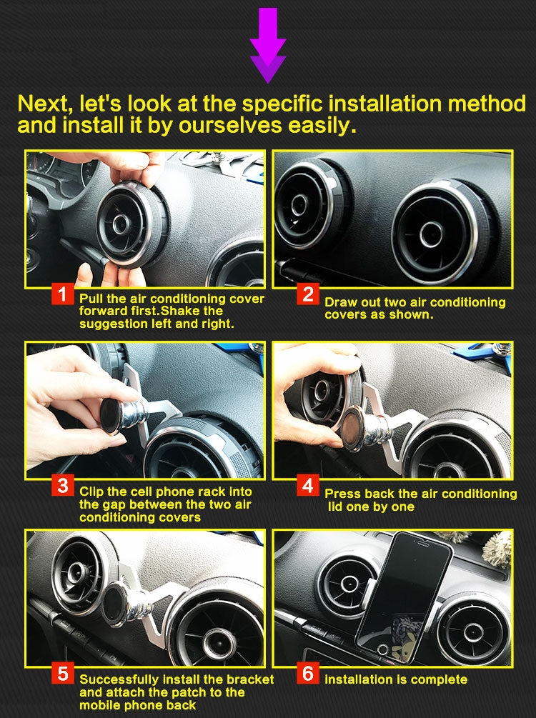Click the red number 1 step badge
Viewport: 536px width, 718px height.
64,294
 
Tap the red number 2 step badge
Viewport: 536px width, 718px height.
308,294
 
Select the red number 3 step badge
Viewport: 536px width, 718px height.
64,487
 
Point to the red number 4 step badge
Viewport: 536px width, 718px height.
308,487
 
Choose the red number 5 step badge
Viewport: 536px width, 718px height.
64,673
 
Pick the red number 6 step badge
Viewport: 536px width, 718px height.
308,673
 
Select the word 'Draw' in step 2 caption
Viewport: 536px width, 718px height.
340,302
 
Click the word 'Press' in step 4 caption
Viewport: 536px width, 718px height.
342,494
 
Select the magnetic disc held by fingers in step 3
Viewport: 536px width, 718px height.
110,417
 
